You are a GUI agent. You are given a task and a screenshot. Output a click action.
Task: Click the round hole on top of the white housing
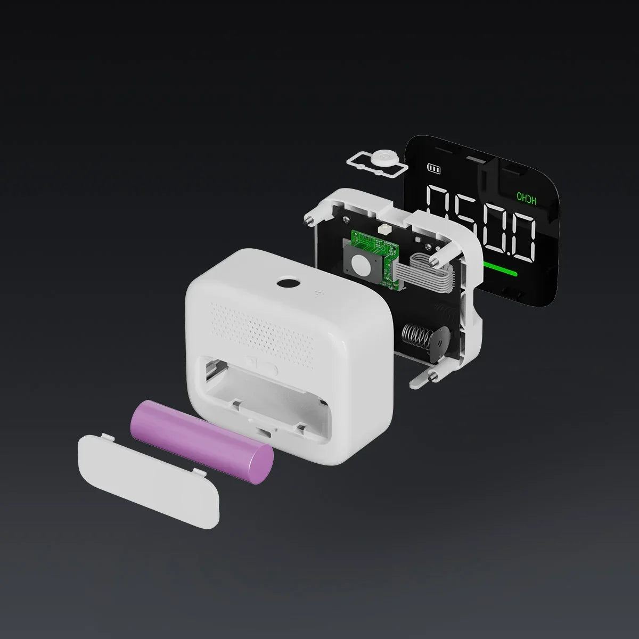point(288,283)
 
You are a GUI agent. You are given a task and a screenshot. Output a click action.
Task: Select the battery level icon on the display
point(434,169)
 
